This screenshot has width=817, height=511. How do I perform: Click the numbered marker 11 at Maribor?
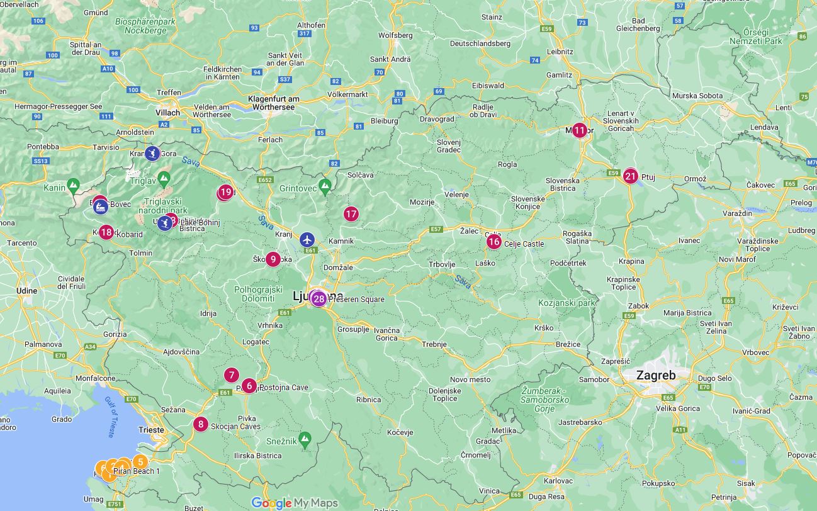click(579, 131)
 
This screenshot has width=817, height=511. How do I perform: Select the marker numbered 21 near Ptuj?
click(631, 176)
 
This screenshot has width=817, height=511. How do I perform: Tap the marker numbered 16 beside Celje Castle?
click(493, 242)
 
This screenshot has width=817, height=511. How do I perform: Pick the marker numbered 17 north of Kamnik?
click(351, 214)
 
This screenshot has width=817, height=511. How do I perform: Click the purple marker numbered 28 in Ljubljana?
click(319, 299)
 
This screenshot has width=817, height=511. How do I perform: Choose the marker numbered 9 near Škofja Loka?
click(273, 259)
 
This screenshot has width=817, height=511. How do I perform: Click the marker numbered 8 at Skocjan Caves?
click(201, 424)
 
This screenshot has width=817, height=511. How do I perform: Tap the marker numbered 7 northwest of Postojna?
click(232, 376)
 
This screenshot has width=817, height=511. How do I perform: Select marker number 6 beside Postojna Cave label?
click(249, 386)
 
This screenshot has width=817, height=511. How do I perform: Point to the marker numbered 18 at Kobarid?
click(106, 232)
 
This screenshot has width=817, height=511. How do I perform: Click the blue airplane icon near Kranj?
click(307, 239)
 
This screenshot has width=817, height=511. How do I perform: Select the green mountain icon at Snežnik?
click(305, 438)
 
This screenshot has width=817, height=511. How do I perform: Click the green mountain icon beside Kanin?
click(74, 186)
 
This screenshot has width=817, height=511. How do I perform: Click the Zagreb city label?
click(656, 376)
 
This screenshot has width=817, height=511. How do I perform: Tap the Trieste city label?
click(151, 430)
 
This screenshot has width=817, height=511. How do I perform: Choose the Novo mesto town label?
click(470, 379)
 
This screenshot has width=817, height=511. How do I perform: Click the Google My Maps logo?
click(295, 503)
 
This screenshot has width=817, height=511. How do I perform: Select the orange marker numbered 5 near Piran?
click(140, 461)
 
